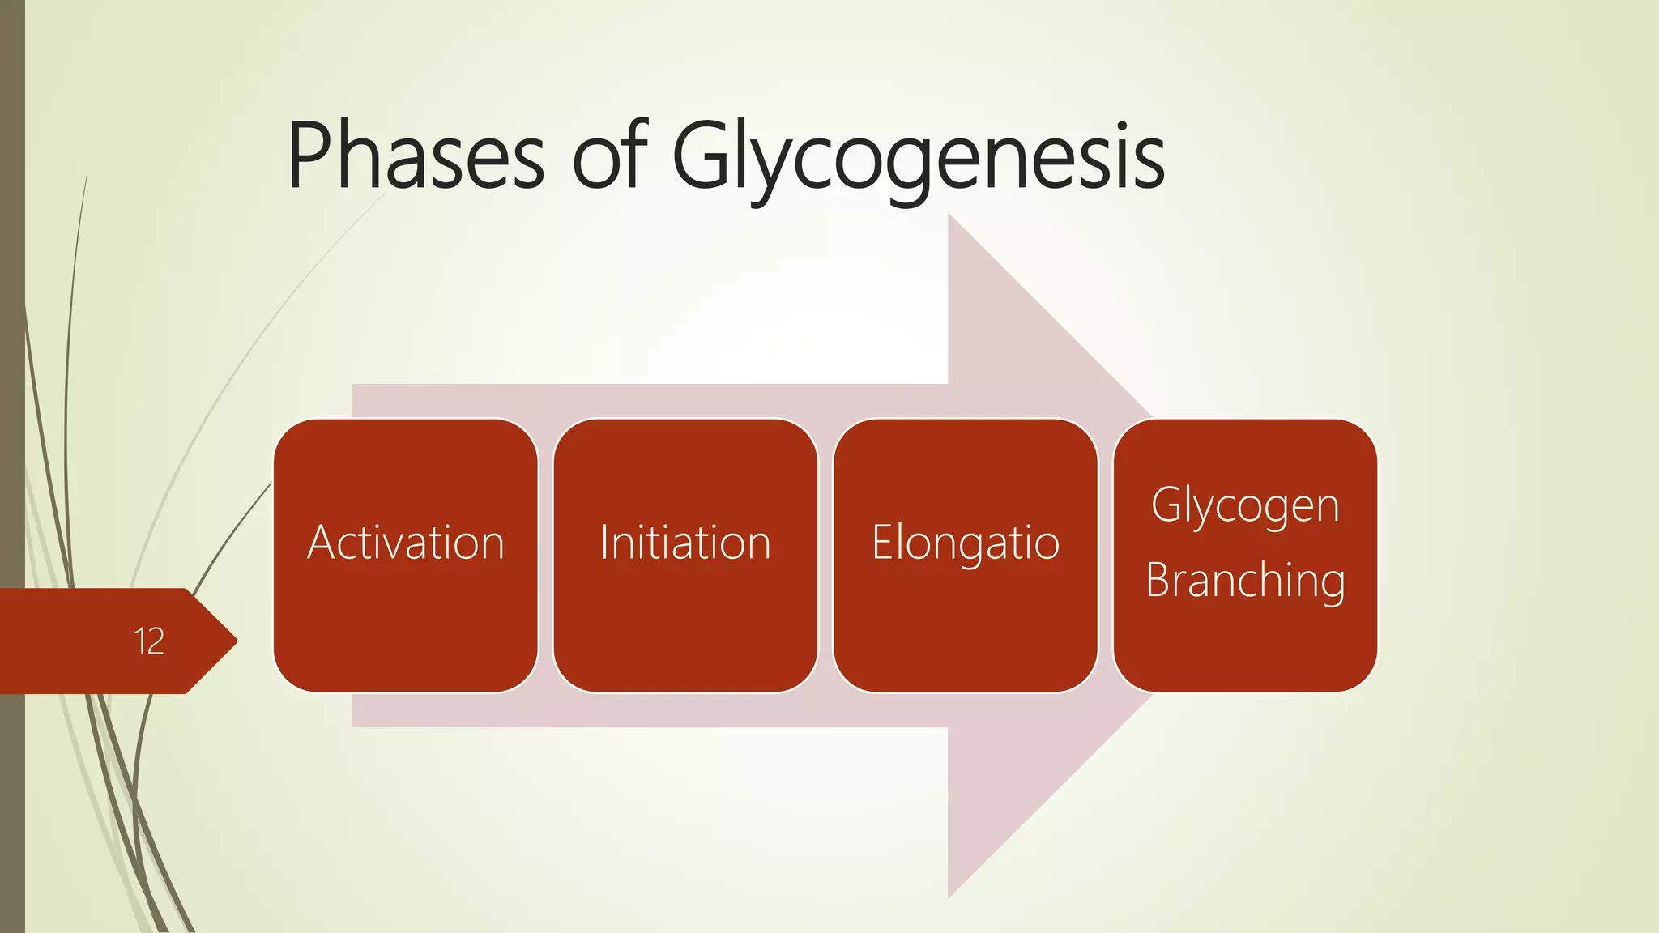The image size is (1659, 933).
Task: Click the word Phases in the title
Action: (x=416, y=155)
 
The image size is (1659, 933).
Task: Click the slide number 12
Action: (x=149, y=641)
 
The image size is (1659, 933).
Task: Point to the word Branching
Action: (x=1245, y=582)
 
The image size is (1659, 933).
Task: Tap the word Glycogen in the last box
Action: (x=1245, y=507)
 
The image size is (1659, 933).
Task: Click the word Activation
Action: (x=405, y=543)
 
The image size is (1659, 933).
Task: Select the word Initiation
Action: (x=685, y=543)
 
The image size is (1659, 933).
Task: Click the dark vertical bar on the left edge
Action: (x=12, y=324)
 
